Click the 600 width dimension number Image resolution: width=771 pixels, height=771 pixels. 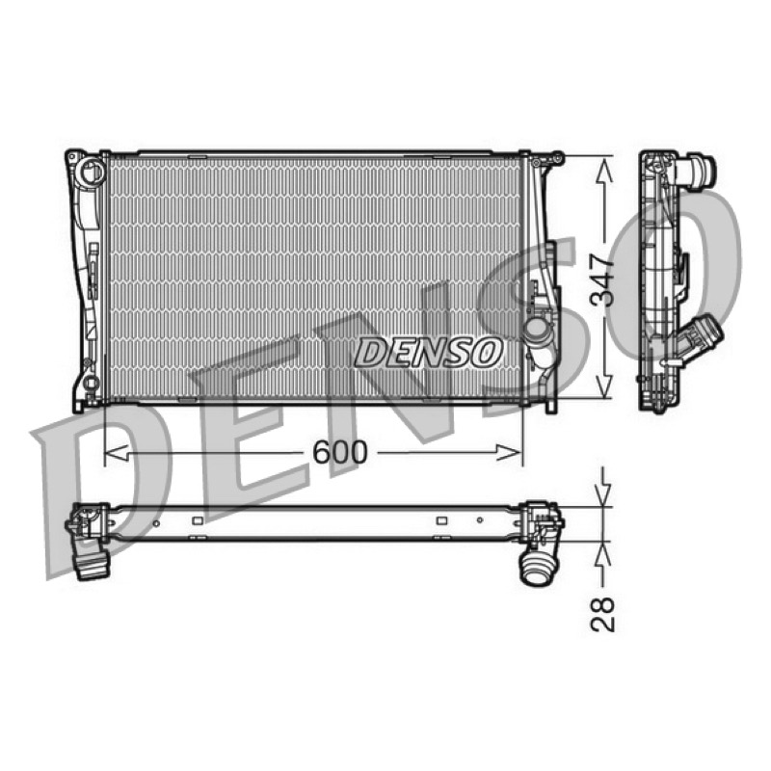pos(340,452)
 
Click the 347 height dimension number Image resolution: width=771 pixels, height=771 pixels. pos(602,279)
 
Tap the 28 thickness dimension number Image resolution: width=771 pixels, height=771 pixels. pos(602,614)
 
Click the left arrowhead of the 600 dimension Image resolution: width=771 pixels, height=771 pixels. pos(117,452)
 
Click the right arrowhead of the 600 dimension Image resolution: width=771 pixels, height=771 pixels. pos(509,452)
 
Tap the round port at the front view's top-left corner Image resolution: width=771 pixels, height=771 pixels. pos(92,172)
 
